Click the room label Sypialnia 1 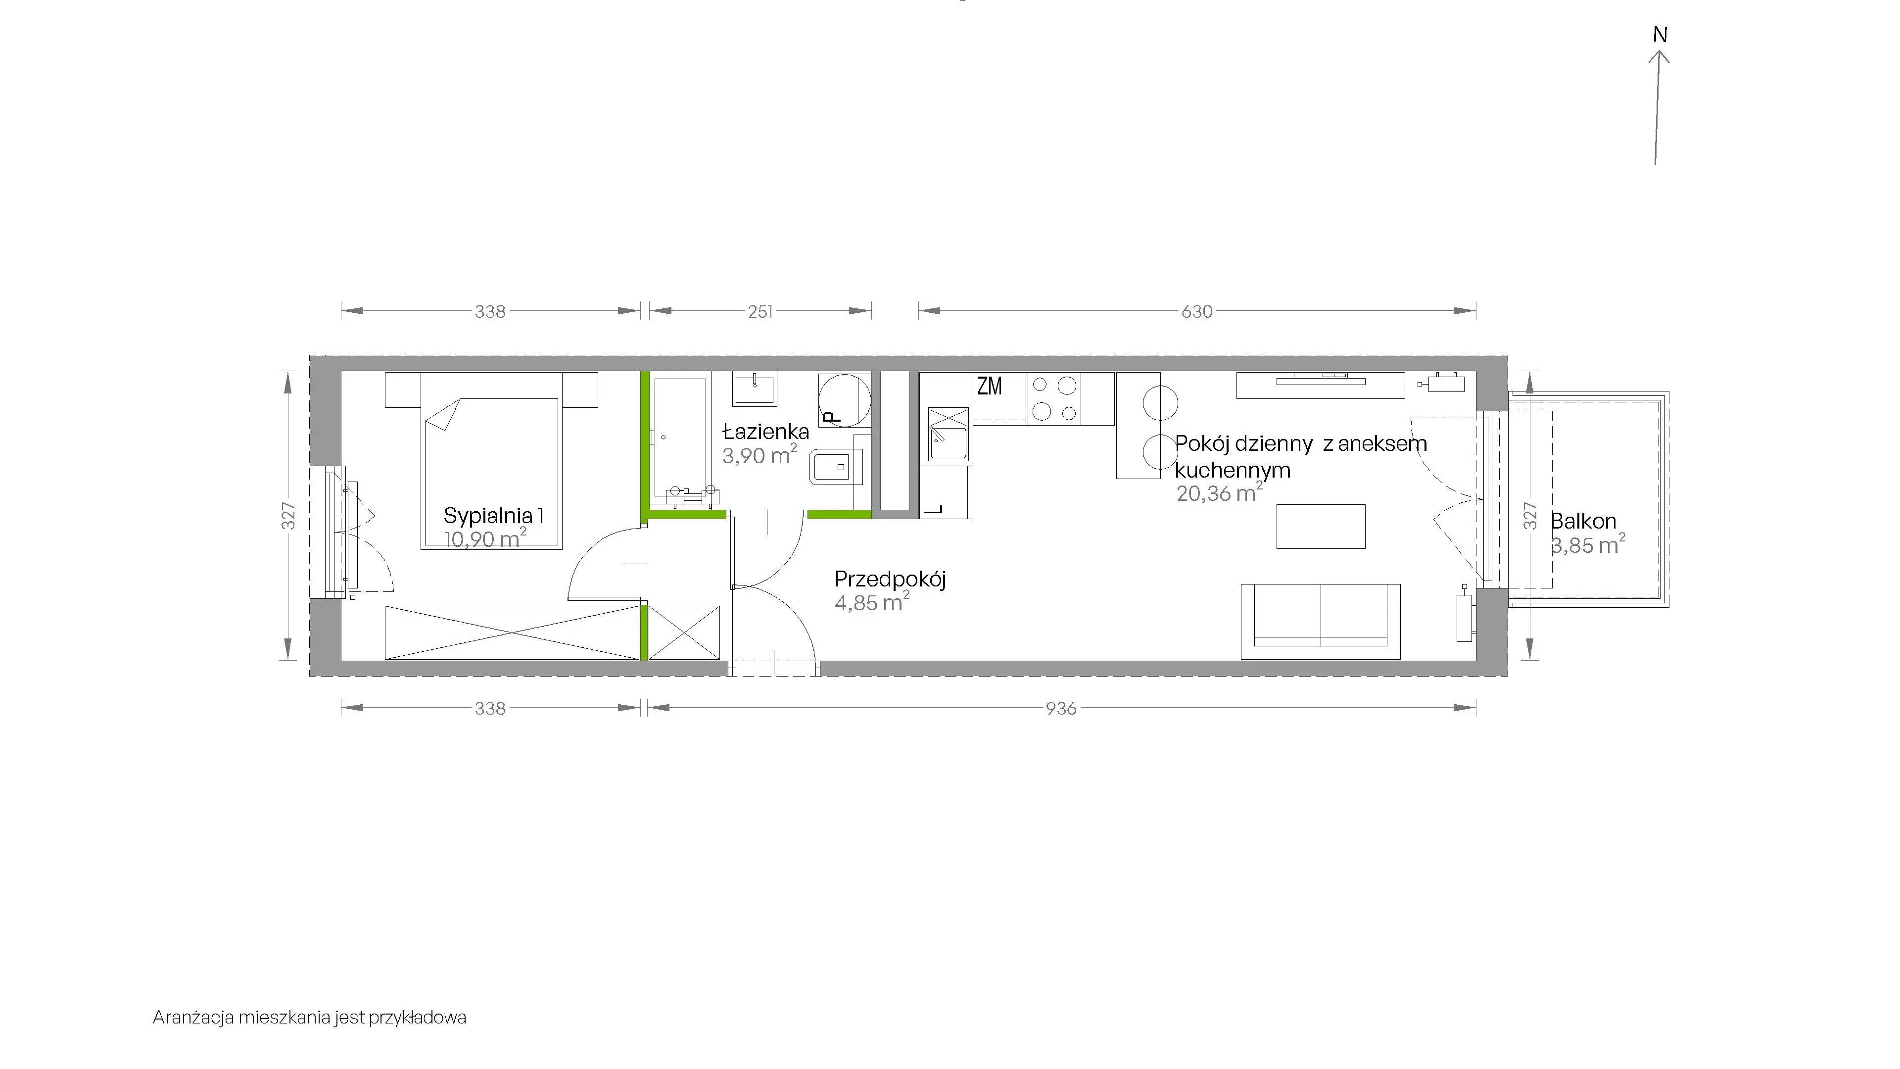tap(493, 516)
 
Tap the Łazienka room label tap(765, 432)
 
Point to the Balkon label tap(1583, 522)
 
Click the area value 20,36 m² tap(1219, 493)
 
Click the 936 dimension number tap(1061, 708)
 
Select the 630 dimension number tap(1196, 311)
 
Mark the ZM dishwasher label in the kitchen tap(990, 386)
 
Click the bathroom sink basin tap(755, 389)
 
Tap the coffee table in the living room tap(1321, 526)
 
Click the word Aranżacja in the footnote tap(193, 1018)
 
